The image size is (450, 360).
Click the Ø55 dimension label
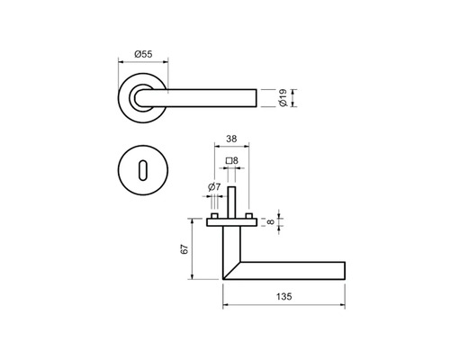[x=142, y=54]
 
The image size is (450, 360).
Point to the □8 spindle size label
[x=231, y=161]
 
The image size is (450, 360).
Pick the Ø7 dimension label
[x=214, y=187]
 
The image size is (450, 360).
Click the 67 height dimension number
[x=183, y=249]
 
